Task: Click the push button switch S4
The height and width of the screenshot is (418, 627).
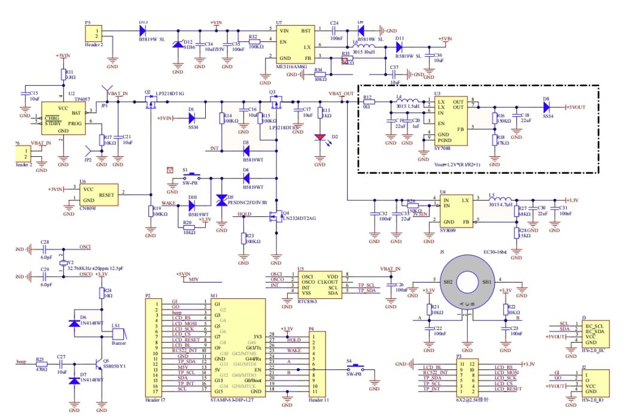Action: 354,367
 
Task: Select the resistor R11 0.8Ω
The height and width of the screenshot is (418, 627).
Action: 63,74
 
